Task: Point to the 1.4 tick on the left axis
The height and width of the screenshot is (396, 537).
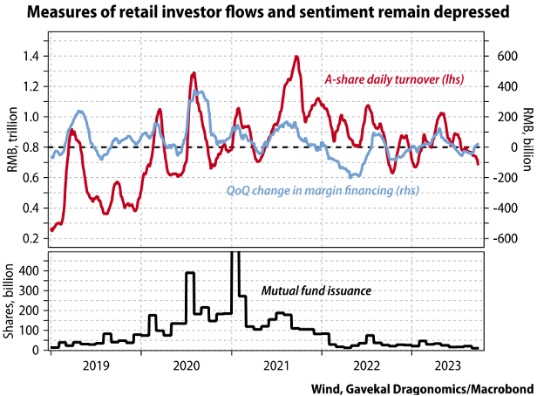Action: pyautogui.click(x=31, y=56)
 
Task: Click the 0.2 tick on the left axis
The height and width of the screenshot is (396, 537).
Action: pyautogui.click(x=31, y=238)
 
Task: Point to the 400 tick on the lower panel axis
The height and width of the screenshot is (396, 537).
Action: pyautogui.click(x=30, y=270)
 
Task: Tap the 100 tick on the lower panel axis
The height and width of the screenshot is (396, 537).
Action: pyautogui.click(x=30, y=331)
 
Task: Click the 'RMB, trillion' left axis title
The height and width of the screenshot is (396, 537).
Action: pyautogui.click(x=11, y=147)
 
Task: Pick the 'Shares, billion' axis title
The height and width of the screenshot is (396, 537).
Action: pyautogui.click(x=11, y=302)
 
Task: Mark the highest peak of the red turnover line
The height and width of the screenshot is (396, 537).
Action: pyautogui.click(x=297, y=57)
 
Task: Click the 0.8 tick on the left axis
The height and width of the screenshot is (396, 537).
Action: pyautogui.click(x=31, y=147)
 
